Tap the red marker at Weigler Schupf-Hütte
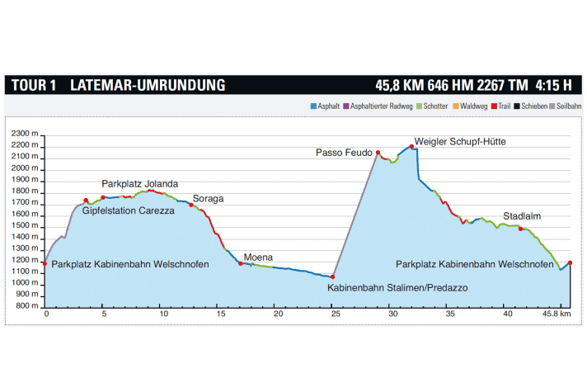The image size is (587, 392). pyautogui.click(x=411, y=147)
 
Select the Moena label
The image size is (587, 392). pyautogui.click(x=258, y=257)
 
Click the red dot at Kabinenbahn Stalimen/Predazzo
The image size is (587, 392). pyautogui.click(x=333, y=276)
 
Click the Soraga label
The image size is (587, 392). pyautogui.click(x=208, y=199)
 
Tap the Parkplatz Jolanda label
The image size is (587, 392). pyautogui.click(x=140, y=183)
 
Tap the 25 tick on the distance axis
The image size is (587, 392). pyautogui.click(x=335, y=314)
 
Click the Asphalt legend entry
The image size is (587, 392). pyautogui.click(x=325, y=106)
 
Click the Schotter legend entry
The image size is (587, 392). pyautogui.click(x=435, y=106)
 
